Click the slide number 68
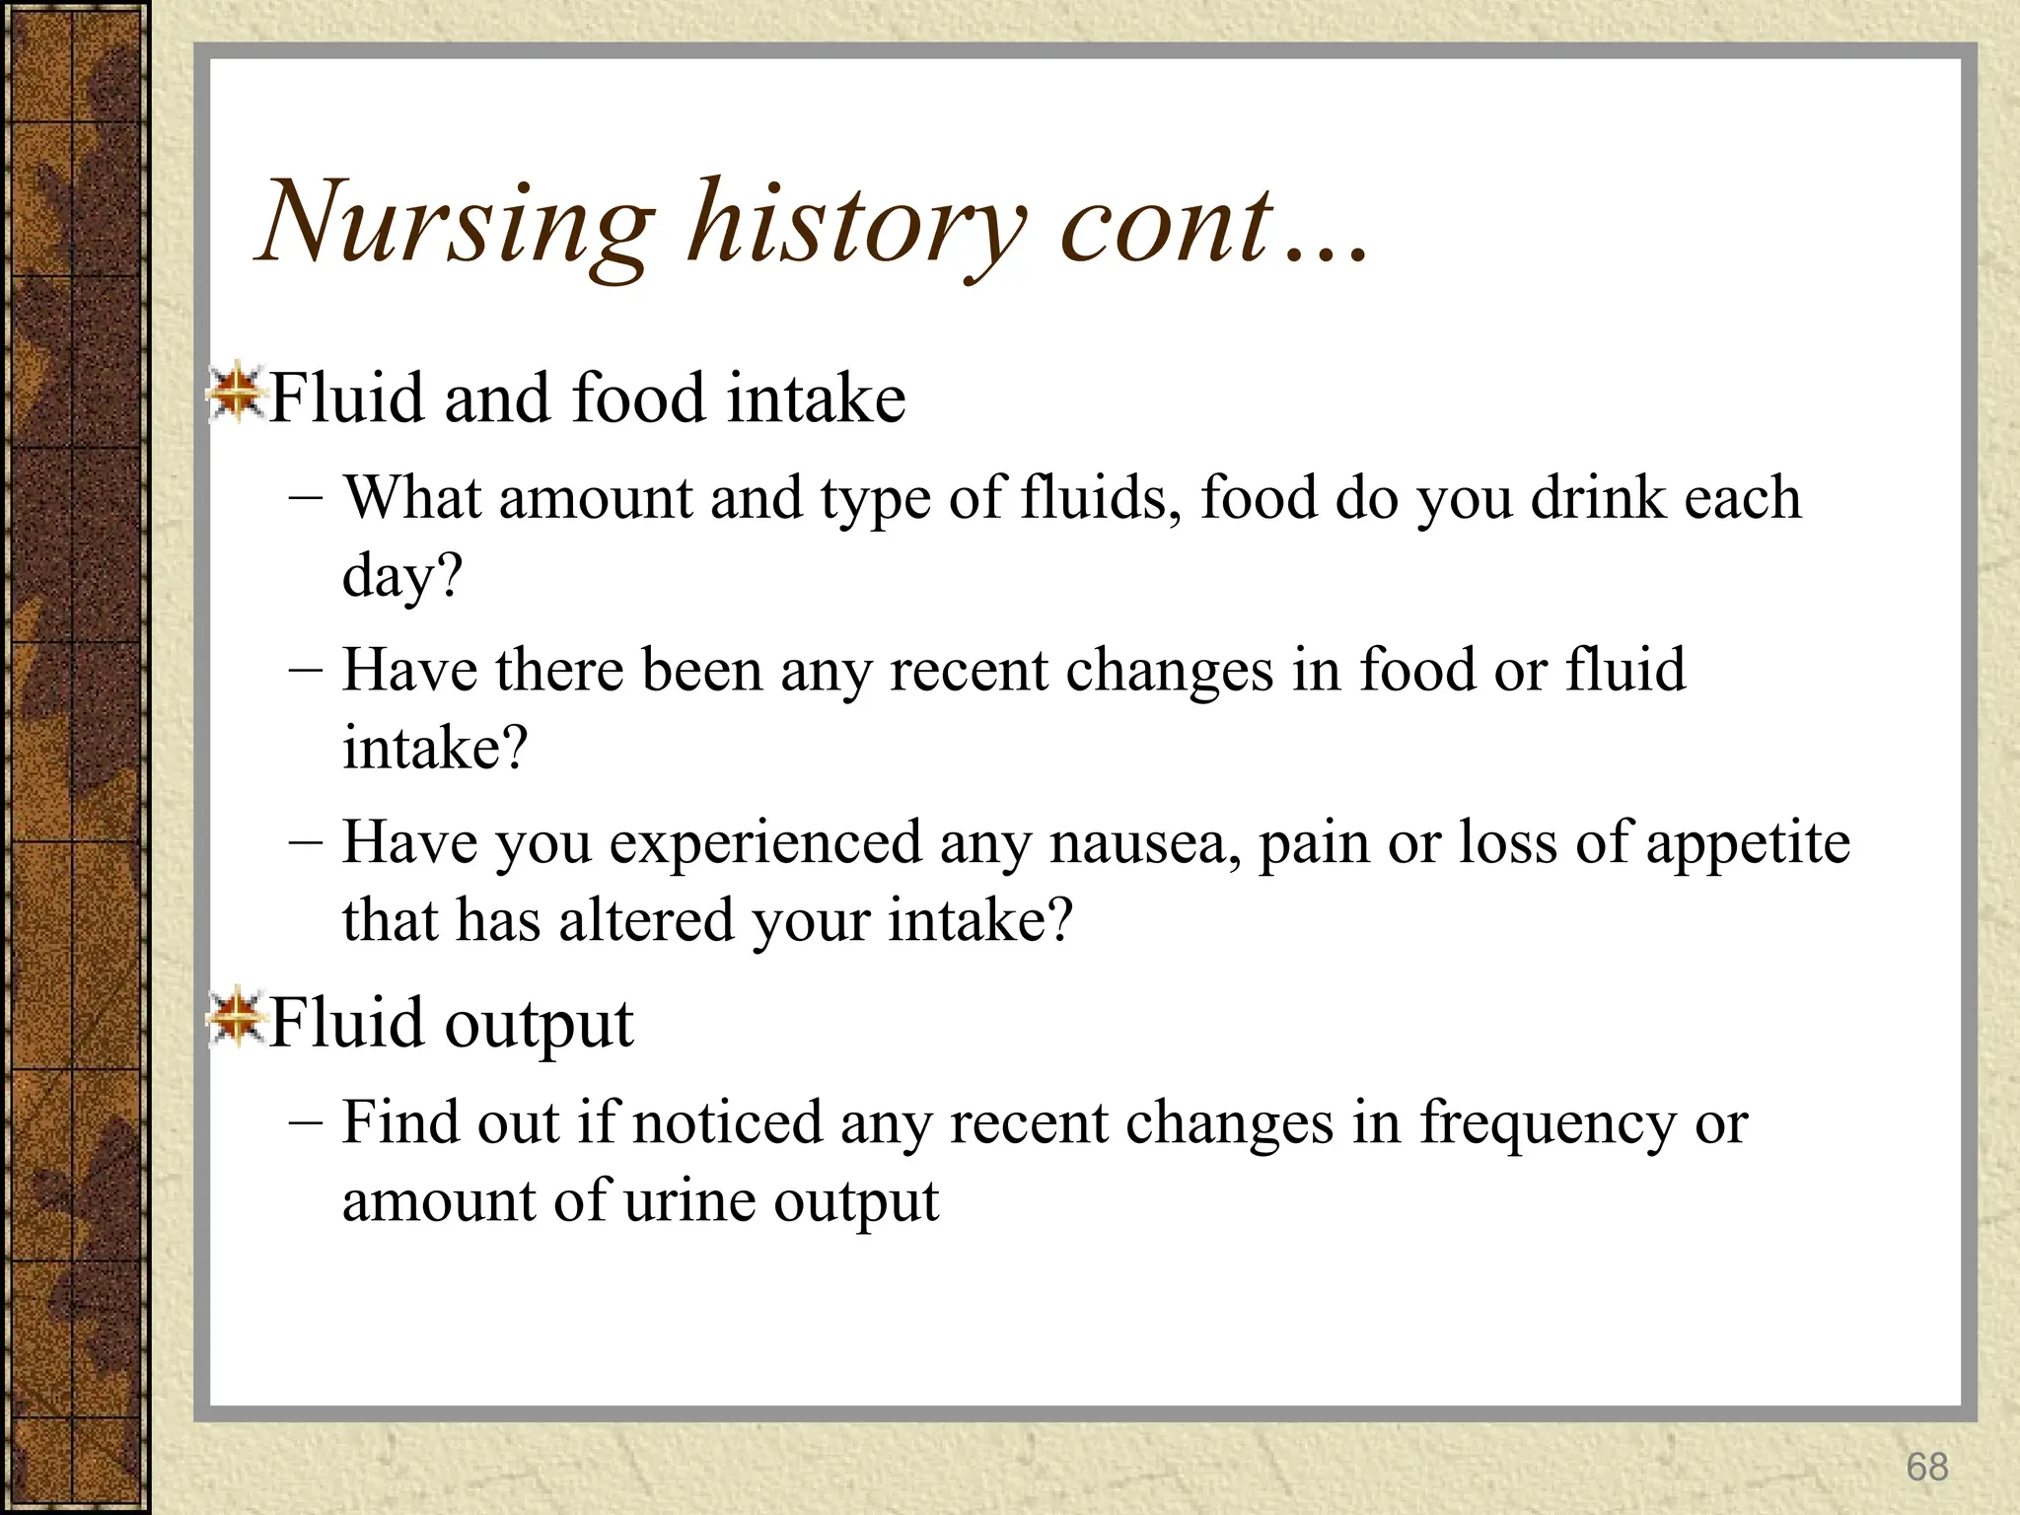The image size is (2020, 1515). tap(1926, 1467)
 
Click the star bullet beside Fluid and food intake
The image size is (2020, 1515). tap(235, 395)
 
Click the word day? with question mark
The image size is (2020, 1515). tap(401, 576)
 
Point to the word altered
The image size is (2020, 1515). tap(645, 920)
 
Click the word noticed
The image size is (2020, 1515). tap(727, 1122)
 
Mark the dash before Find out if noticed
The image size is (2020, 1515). tap(306, 1122)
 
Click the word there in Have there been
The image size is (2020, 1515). tap(560, 670)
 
